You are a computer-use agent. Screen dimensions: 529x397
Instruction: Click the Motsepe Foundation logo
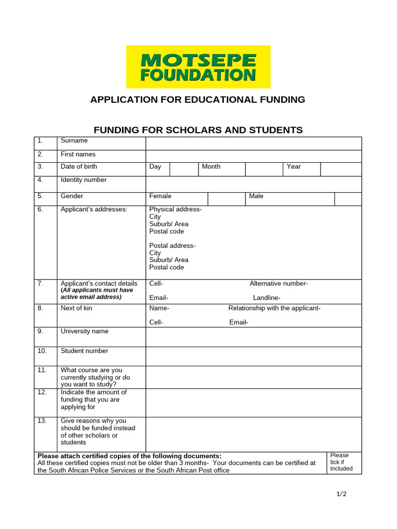click(198, 67)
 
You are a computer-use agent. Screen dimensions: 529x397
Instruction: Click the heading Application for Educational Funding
click(198, 99)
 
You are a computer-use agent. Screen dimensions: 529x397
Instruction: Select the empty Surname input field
click(253, 143)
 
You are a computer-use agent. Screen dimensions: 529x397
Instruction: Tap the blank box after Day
click(184, 169)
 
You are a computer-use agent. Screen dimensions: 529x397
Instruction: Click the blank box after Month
click(264, 169)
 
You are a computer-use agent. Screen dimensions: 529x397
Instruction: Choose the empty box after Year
click(341, 169)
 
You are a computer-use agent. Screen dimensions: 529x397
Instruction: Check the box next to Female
click(226, 199)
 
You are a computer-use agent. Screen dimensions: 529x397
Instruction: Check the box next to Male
click(347, 199)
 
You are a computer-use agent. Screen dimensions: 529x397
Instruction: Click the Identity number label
click(84, 180)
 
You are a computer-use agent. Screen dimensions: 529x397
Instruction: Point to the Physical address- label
click(175, 209)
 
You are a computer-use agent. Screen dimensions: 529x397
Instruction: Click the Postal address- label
click(172, 245)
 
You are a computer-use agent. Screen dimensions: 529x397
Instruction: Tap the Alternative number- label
click(279, 283)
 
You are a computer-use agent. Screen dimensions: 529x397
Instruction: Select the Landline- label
click(267, 298)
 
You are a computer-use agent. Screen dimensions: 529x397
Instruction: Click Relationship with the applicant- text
click(274, 308)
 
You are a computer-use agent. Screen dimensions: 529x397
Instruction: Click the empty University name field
click(253, 337)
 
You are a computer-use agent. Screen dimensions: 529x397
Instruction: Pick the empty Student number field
click(253, 356)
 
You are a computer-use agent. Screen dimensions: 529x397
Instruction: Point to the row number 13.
click(42, 421)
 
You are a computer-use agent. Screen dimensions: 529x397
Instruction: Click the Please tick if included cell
click(341, 462)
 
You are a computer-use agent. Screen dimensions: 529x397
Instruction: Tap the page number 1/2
click(341, 494)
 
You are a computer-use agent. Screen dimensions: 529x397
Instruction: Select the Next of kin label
click(77, 308)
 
